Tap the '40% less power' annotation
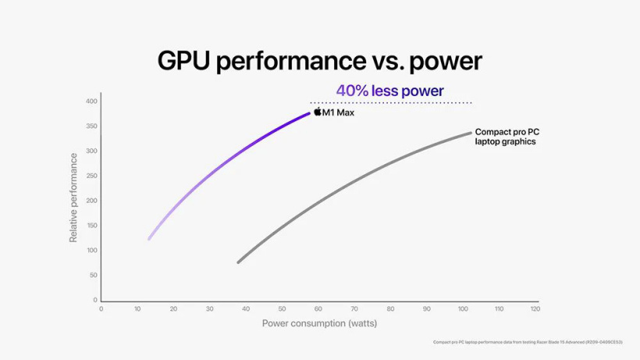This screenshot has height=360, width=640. pos(389,91)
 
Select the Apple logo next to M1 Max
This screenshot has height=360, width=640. pos(318,112)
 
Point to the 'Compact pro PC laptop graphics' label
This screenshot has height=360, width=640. pos(507,137)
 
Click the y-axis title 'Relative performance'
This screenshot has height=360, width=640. pos(74,198)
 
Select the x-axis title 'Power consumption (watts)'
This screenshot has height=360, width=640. pos(319,323)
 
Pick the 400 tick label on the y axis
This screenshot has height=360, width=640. pos(92,102)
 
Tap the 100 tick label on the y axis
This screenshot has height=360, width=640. pos(92,251)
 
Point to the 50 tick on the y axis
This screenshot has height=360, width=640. pos(94,276)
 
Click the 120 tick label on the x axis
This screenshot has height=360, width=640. pos(535,309)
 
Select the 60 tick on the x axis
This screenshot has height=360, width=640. pos(318,309)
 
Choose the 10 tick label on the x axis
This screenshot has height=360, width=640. pos(137,309)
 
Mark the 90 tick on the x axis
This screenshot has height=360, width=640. pos(427,309)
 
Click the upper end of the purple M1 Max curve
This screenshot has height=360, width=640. pos(309,114)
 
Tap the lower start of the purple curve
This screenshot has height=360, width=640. pos(149,239)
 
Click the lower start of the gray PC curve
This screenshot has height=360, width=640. pos(238,262)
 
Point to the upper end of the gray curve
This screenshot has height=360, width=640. pos(471,133)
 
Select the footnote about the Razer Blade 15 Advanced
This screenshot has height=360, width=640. pos(528,342)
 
